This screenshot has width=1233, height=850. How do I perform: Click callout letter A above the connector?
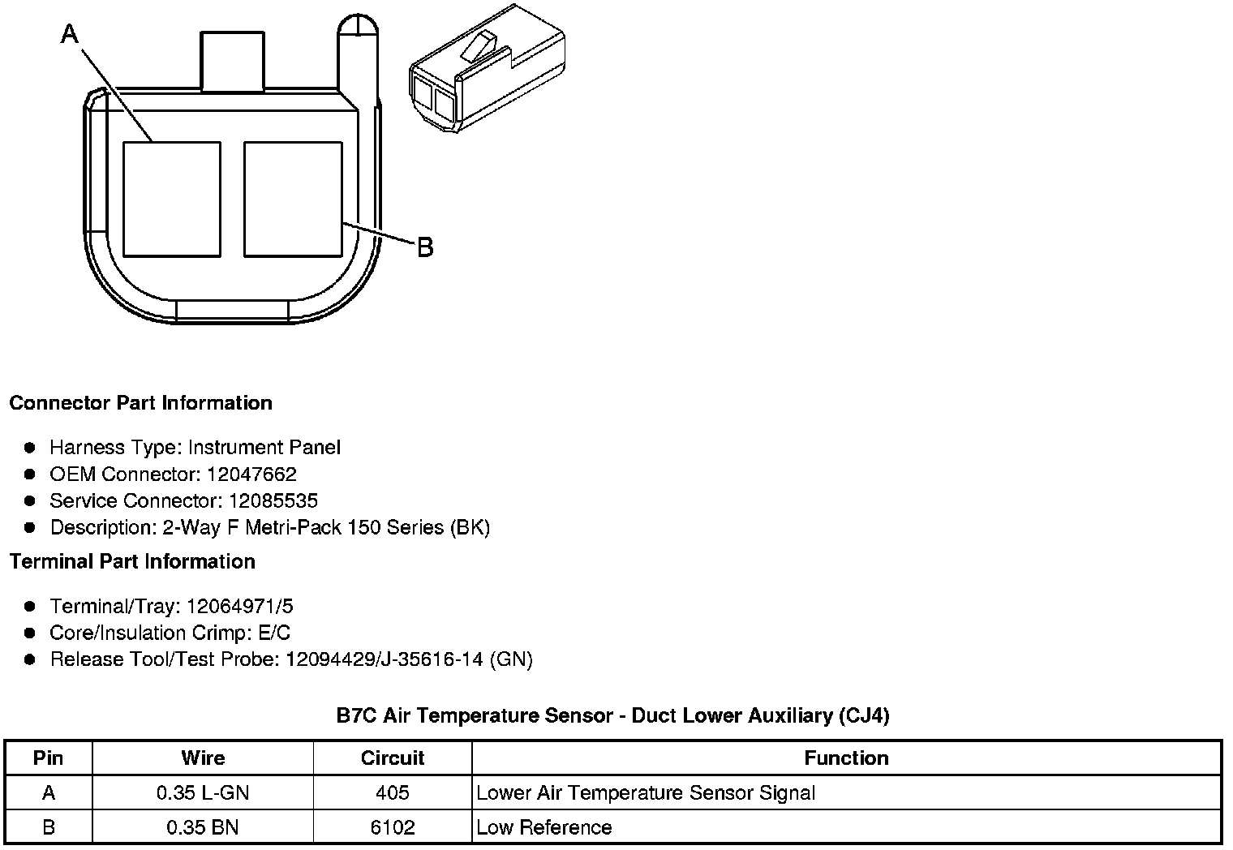[70, 34]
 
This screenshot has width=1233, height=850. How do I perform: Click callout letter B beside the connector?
[426, 247]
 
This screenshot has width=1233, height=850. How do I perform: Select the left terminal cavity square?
[172, 200]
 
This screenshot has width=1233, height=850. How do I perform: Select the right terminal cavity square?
[293, 200]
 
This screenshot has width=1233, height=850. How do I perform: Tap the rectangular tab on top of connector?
[232, 61]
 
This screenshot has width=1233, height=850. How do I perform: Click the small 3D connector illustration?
[488, 68]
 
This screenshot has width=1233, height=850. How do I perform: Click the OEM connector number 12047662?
[251, 474]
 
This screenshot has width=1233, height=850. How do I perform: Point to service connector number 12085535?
[273, 500]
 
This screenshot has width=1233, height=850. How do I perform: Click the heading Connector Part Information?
[141, 403]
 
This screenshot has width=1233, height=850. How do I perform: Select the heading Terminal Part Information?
[133, 561]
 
